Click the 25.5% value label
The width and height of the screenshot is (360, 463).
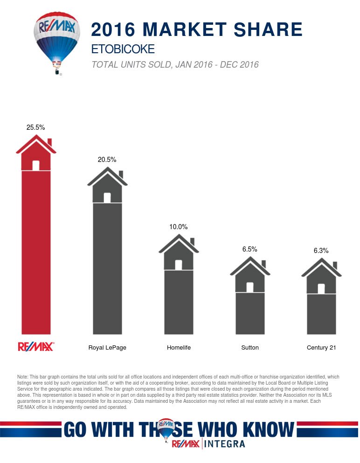coord(36,127)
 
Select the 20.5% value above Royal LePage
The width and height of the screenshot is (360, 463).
coord(107,159)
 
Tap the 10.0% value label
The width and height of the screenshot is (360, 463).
coord(178,227)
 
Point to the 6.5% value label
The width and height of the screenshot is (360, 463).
coord(249,249)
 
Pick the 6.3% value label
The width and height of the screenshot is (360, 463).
coord(321,251)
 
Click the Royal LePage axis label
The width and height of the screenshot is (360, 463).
coord(107,348)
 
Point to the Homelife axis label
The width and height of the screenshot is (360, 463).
coord(179,348)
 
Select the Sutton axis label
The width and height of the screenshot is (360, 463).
coord(250,348)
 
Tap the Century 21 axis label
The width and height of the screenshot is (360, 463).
coord(321,348)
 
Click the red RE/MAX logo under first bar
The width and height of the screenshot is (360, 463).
coord(36,347)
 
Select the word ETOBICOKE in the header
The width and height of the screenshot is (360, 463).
coord(123,49)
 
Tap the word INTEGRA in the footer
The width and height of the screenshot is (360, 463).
coord(225,444)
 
